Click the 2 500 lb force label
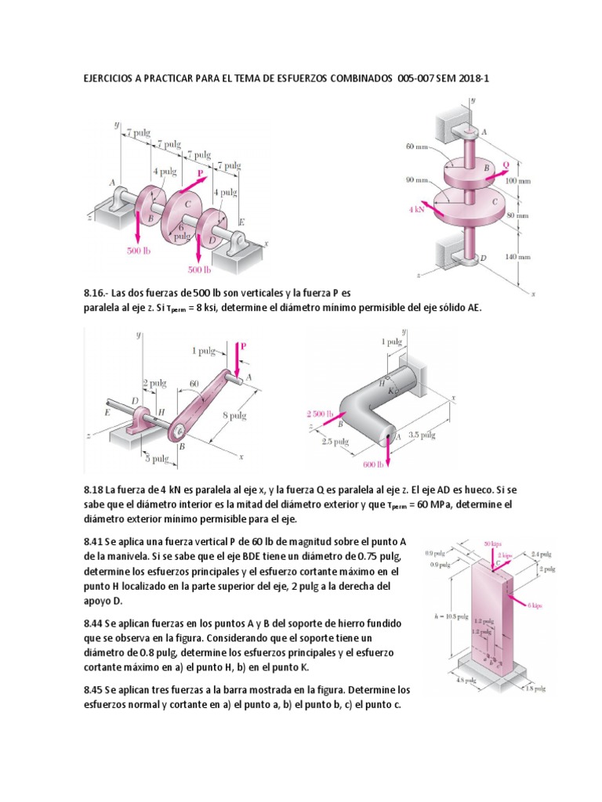click(320, 413)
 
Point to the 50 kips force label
click(492, 544)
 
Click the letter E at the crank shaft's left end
click(107, 409)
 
